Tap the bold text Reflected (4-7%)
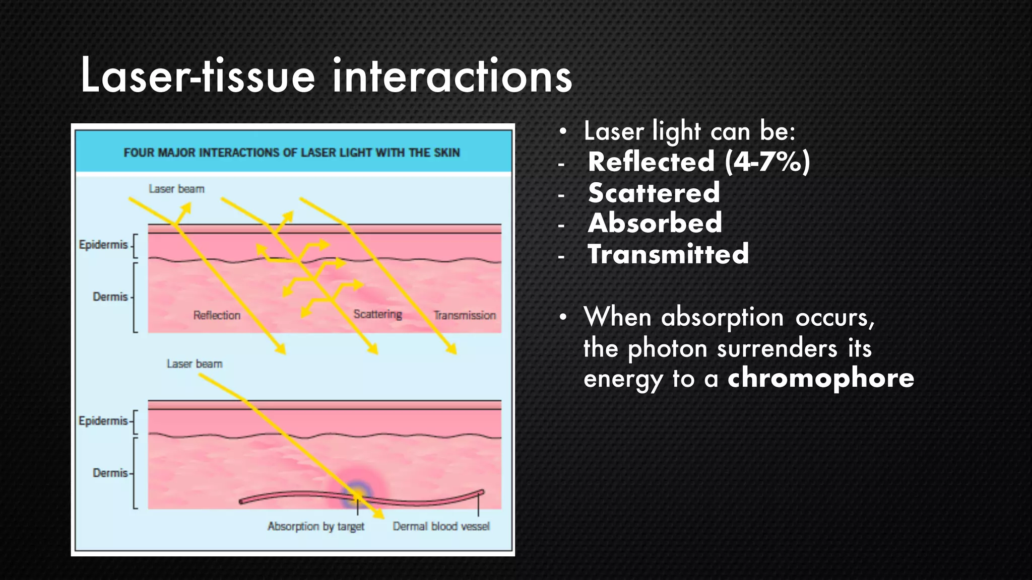698,162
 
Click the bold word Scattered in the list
654,193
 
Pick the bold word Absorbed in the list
655,223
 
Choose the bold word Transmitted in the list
668,254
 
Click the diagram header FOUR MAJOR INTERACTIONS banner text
292,153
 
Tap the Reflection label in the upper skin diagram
217,315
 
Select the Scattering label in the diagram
377,314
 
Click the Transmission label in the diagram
465,315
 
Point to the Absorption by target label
315,526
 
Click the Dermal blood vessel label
441,526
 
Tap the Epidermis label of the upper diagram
103,245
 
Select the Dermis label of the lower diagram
110,473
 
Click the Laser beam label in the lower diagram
195,364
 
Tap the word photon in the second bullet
667,348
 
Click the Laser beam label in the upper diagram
176,189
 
